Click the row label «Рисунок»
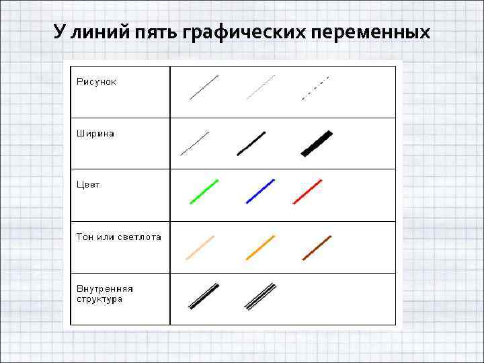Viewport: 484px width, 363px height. click(x=96, y=82)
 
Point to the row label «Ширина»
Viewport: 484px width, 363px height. click(x=95, y=133)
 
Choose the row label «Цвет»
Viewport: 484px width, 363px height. click(x=88, y=184)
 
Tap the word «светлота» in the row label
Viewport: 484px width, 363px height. click(x=140, y=237)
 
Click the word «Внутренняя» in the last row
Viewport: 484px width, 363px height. click(x=104, y=288)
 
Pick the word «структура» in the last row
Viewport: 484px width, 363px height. click(x=99, y=298)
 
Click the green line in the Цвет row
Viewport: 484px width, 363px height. click(x=204, y=191)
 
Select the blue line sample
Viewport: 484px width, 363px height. click(x=260, y=191)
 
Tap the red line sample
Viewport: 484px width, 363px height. click(x=308, y=191)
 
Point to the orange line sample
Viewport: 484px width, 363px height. click(x=260, y=247)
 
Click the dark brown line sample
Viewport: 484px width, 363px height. click(x=317, y=247)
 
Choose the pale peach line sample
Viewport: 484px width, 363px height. click(x=200, y=247)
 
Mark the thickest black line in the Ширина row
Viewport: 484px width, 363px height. click(x=317, y=143)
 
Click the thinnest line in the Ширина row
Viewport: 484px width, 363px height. click(x=194, y=143)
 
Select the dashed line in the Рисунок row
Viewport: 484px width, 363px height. click(x=315, y=88)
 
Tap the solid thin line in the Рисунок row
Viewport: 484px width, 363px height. click(x=204, y=87)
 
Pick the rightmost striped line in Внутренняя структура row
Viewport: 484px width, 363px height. click(x=260, y=295)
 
